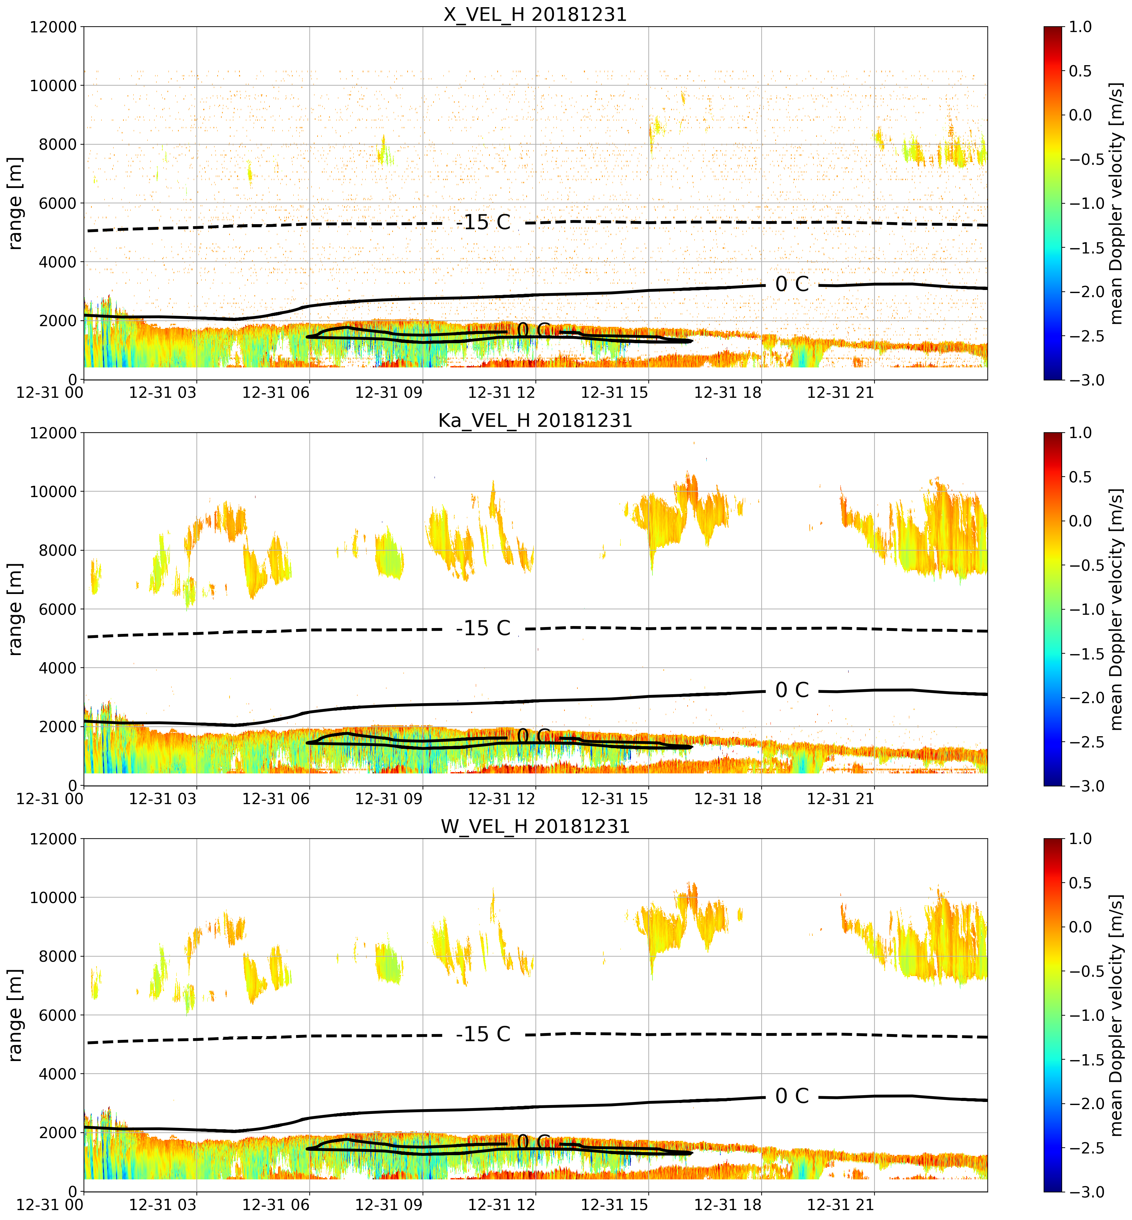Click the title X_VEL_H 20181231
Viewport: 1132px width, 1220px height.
pos(535,14)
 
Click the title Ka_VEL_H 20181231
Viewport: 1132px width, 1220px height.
pos(535,420)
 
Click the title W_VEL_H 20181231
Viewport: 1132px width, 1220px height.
pos(535,827)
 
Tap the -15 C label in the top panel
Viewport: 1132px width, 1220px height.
pos(483,222)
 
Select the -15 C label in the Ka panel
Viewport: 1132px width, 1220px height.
pos(483,628)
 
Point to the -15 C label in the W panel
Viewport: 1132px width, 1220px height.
pos(483,1034)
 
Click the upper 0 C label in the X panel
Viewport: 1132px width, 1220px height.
pos(792,284)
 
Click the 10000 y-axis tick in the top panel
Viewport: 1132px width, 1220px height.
pos(53,86)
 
